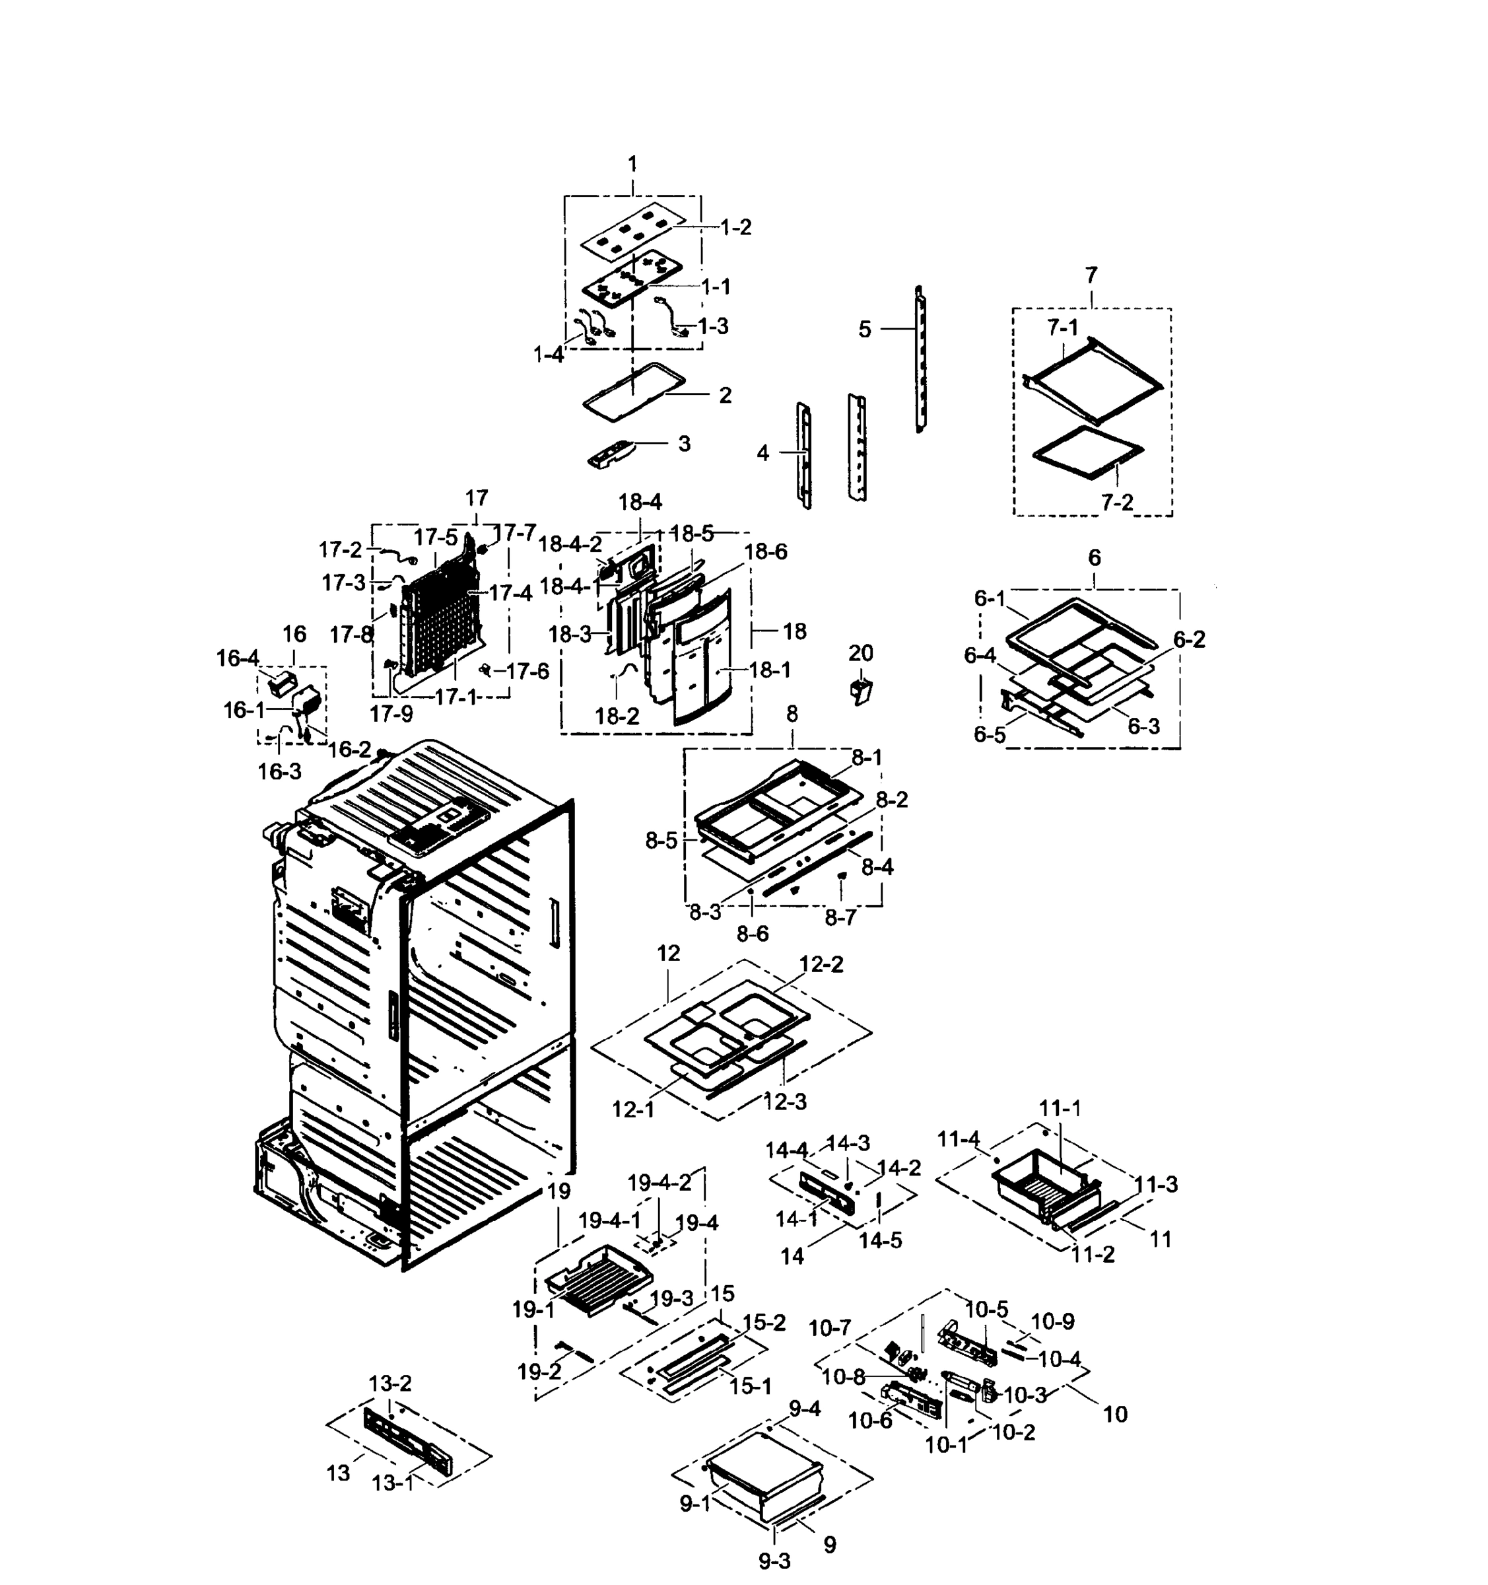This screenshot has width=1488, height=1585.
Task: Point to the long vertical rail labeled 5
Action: click(x=920, y=359)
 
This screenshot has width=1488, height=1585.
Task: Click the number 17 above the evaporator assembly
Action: click(x=476, y=499)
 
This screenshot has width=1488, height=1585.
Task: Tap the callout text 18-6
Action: click(x=765, y=551)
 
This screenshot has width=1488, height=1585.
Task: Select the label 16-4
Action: click(x=238, y=658)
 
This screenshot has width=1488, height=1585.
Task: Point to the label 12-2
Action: click(x=821, y=964)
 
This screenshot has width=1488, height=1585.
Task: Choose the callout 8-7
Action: click(x=840, y=918)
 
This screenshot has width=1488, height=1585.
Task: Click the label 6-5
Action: click(x=989, y=734)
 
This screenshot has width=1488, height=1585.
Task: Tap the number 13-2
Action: click(x=389, y=1384)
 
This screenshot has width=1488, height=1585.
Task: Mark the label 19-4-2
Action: click(x=658, y=1183)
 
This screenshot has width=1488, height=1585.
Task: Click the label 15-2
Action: click(x=764, y=1323)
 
